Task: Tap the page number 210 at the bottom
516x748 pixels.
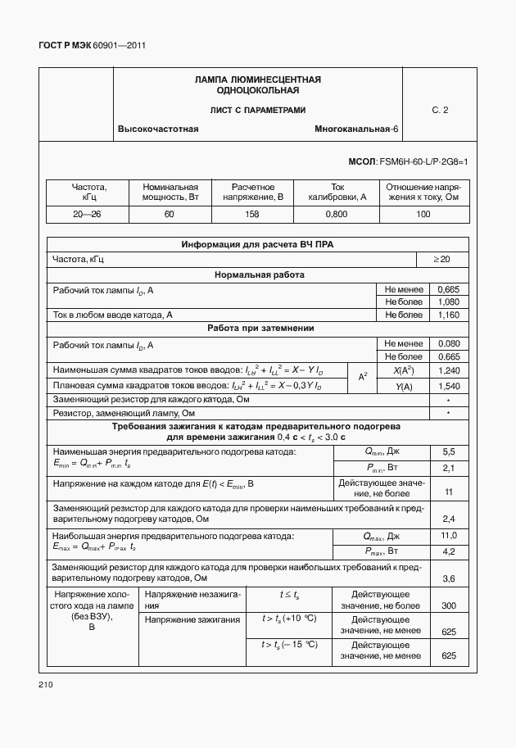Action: pyautogui.click(x=46, y=684)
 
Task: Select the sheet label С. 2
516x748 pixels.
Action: pyautogui.click(x=440, y=110)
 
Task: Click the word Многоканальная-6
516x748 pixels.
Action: pyautogui.click(x=356, y=130)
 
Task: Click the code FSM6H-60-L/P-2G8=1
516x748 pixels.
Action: pyautogui.click(x=423, y=162)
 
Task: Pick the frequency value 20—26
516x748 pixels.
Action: pyautogui.click(x=88, y=214)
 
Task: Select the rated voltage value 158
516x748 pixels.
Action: pyautogui.click(x=252, y=214)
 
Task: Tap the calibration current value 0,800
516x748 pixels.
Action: pyautogui.click(x=337, y=214)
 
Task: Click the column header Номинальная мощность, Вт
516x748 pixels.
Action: pyautogui.click(x=170, y=192)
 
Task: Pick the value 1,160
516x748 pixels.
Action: pyautogui.click(x=449, y=315)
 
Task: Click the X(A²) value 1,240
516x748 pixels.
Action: pyautogui.click(x=449, y=371)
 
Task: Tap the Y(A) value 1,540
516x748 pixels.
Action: pyautogui.click(x=449, y=385)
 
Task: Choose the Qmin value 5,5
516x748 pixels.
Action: pyautogui.click(x=449, y=452)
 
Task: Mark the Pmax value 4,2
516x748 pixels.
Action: pyautogui.click(x=449, y=551)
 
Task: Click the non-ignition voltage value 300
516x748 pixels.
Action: pyautogui.click(x=449, y=605)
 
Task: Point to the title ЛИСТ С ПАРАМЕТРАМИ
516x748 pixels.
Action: pyautogui.click(x=257, y=110)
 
